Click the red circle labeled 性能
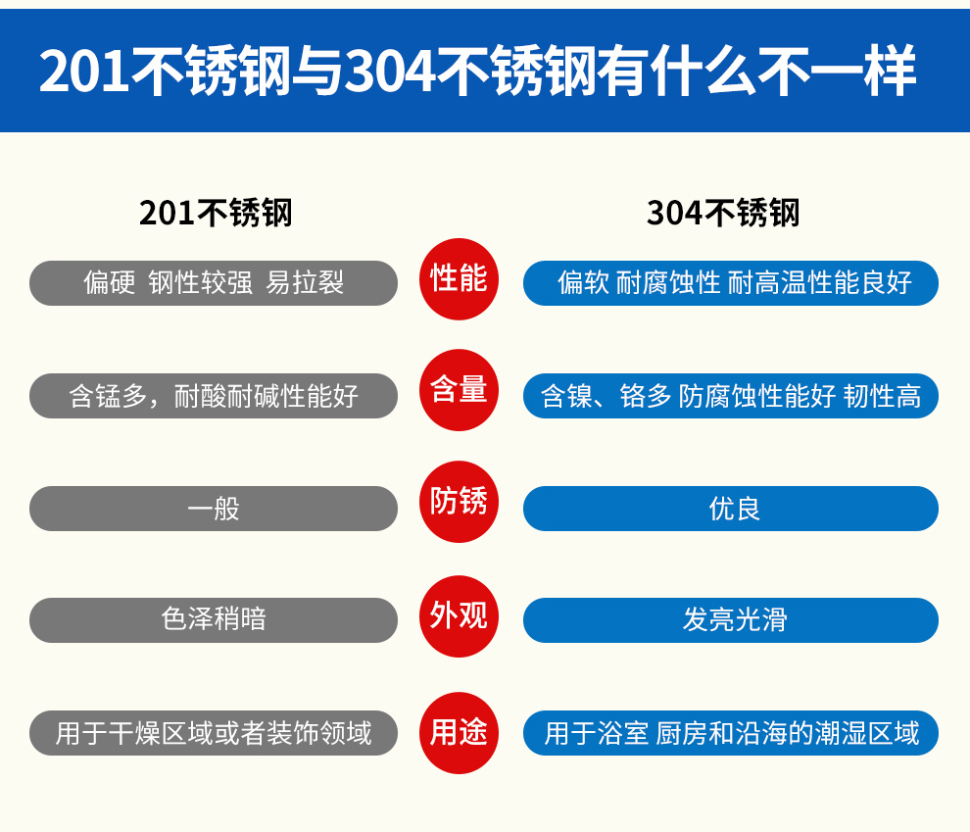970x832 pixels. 459,279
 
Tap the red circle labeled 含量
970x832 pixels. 459,390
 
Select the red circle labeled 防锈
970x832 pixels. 459,502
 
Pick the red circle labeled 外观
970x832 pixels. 459,616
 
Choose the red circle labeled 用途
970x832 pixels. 459,733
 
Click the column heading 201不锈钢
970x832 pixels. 216,213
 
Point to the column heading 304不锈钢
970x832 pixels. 723,213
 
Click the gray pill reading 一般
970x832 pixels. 214,509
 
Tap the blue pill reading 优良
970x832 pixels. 731,509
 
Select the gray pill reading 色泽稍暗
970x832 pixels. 214,619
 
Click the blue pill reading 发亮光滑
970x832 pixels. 731,619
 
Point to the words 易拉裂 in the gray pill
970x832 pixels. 305,282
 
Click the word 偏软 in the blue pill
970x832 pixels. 583,282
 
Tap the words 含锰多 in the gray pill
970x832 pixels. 108,396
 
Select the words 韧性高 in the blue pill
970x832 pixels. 882,396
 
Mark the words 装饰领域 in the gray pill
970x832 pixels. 319,733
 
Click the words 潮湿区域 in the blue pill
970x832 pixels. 867,733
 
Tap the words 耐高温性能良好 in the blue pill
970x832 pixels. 820,282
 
